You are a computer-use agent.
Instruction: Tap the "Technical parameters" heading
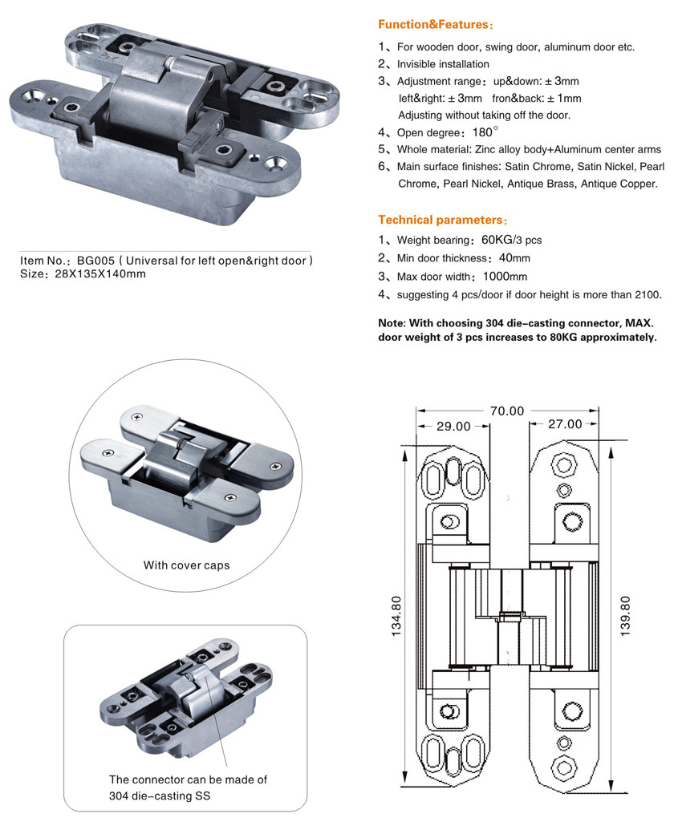point(441,220)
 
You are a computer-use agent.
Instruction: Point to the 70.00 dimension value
point(507,411)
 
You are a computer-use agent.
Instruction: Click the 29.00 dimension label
point(453,426)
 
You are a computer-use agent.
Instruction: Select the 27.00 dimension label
point(564,424)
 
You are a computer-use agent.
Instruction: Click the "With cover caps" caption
point(186,565)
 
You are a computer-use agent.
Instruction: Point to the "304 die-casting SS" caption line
point(160,796)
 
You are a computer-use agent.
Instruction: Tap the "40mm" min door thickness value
point(515,258)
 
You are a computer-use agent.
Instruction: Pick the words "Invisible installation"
point(443,64)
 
